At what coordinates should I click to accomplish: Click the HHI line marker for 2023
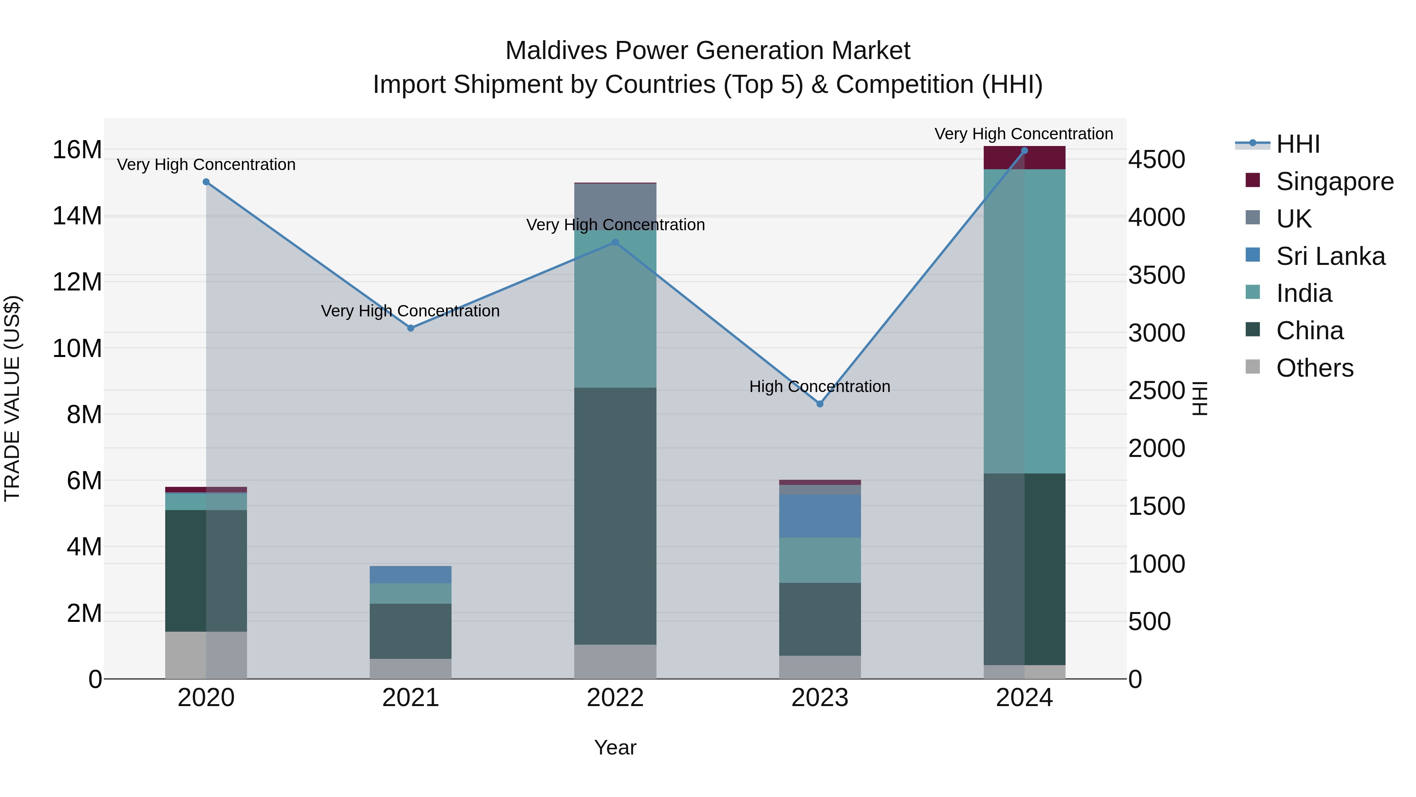(820, 404)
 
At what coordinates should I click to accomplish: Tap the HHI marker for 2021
(411, 328)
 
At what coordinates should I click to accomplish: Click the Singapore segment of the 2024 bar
(1024, 158)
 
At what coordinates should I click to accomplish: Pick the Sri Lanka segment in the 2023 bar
(820, 516)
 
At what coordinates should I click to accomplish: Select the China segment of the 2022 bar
(615, 516)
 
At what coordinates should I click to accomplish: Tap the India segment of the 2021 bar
(411, 594)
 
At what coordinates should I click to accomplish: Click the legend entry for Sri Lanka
(1330, 256)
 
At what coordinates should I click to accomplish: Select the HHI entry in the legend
(1297, 144)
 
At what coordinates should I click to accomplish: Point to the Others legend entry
(1314, 368)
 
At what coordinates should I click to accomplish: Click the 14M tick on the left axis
(77, 216)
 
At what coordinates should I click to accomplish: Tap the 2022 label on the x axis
(615, 698)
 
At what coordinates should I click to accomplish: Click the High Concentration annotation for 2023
(820, 386)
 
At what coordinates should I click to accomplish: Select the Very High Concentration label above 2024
(1023, 134)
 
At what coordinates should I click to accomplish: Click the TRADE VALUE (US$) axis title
(12, 398)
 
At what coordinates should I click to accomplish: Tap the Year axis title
(615, 747)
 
